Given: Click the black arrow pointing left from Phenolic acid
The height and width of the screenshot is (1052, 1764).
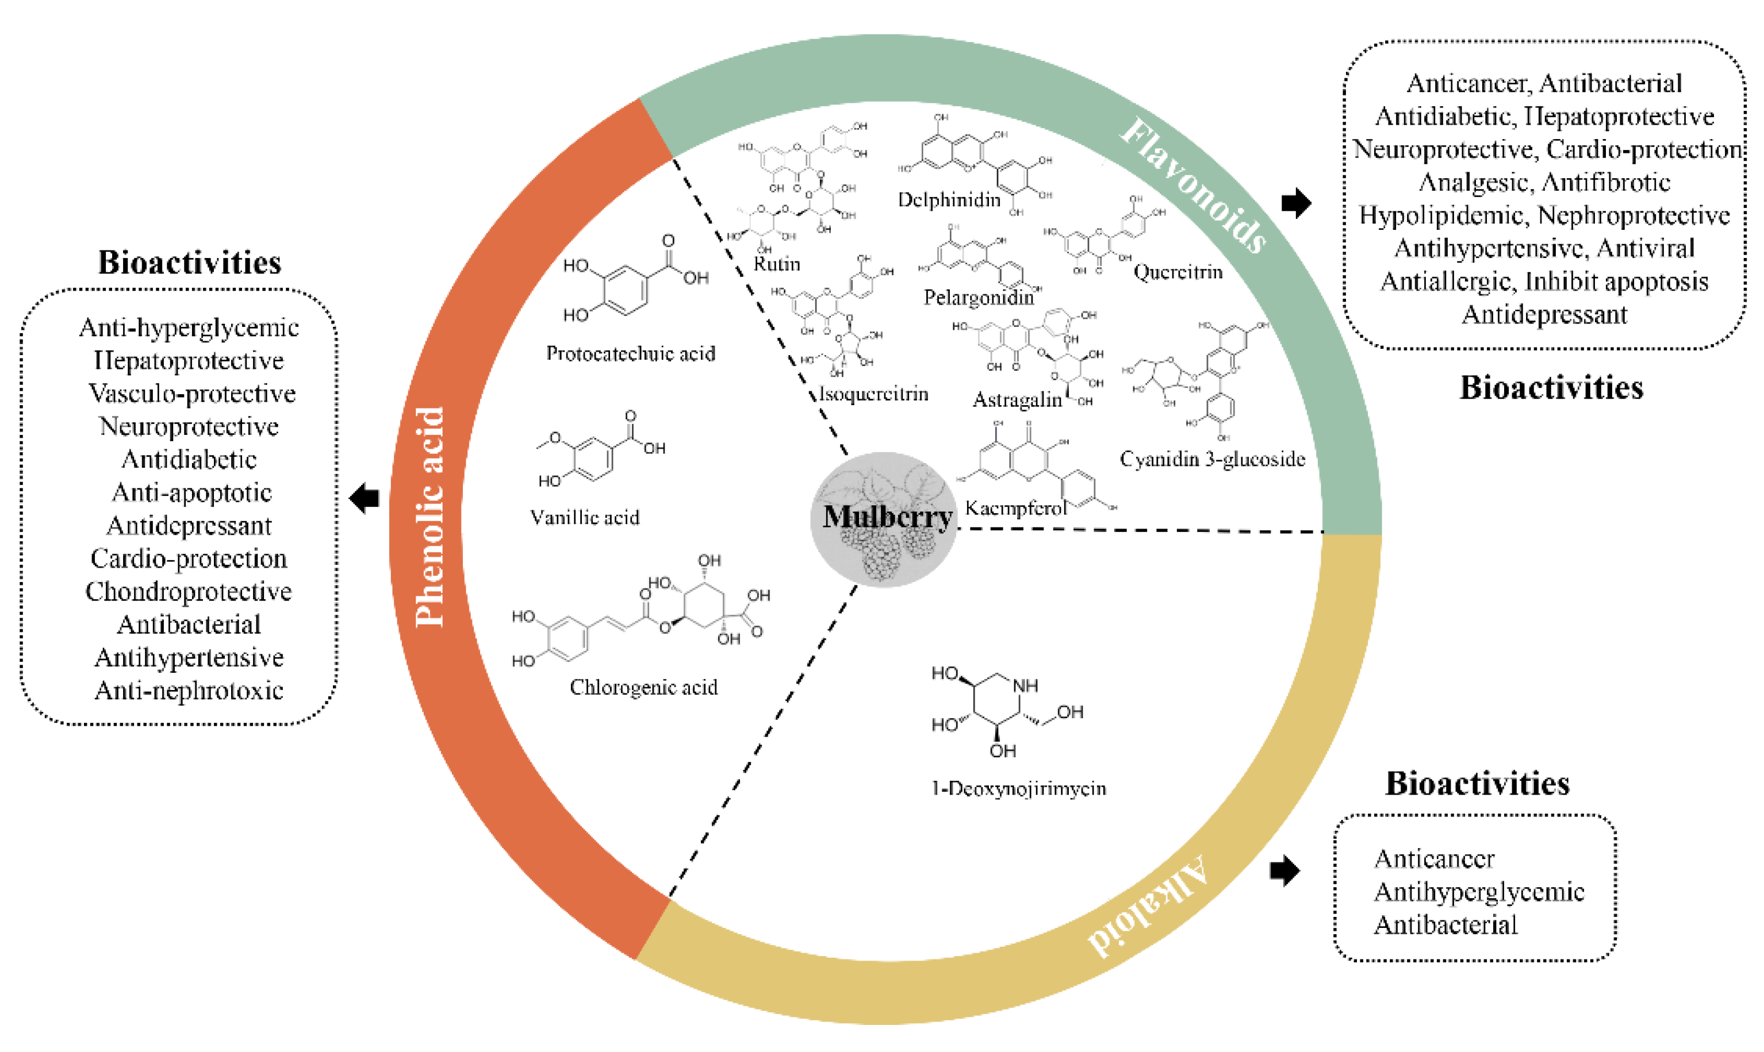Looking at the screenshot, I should pos(365,498).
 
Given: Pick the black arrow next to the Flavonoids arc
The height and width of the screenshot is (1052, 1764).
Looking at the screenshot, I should pos(1296,203).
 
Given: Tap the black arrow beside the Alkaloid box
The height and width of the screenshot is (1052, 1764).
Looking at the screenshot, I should pos(1284,870).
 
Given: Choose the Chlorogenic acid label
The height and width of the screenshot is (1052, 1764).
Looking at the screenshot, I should pos(643,687).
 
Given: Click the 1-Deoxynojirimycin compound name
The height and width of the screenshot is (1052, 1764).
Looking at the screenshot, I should pos(1018,788).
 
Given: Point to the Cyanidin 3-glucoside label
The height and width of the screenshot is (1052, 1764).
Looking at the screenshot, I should pos(1212,460).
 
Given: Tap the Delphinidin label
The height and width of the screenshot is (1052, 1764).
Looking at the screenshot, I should pos(949,200).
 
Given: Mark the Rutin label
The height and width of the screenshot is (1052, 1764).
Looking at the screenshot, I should pos(777,264).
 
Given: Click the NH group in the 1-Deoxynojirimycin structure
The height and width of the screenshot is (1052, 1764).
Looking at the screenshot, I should pos(1025,685).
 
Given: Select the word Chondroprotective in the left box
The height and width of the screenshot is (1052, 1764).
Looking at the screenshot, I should pos(189,591).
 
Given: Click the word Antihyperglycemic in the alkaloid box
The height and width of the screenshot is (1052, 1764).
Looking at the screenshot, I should pos(1479,892).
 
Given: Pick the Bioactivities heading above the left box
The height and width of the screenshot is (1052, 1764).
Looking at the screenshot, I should pos(189,263).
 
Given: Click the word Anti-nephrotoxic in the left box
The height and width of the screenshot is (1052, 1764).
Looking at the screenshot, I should pos(189,690).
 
